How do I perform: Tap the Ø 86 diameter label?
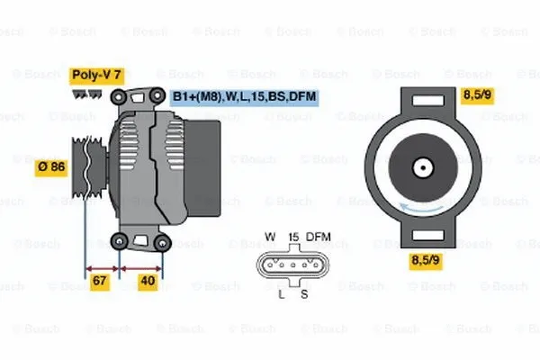[x=50, y=166]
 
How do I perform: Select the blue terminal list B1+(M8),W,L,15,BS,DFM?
[x=245, y=96]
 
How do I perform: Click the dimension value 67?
[x=100, y=283]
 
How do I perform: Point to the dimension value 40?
[x=148, y=283]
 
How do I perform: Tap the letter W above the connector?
[x=269, y=237]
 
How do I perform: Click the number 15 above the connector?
[x=292, y=237]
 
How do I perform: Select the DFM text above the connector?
[x=319, y=237]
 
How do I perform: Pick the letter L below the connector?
[x=282, y=293]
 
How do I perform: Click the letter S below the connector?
[x=304, y=293]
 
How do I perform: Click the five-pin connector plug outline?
[x=292, y=265]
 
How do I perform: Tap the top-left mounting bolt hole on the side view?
[x=118, y=95]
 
